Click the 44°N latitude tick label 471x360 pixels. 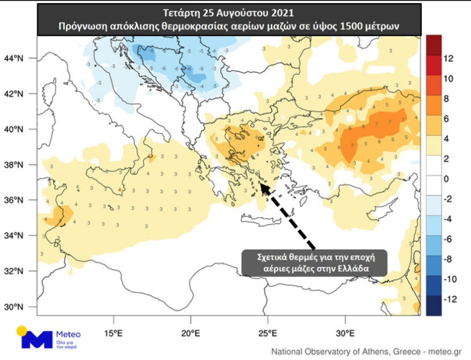pos(14,58)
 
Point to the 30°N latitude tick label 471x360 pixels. pos(14,307)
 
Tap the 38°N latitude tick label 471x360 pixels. pos(14,164)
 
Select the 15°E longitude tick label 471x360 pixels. pos(113,333)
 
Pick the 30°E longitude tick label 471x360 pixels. pos(345,333)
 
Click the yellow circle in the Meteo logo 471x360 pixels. pos(21,331)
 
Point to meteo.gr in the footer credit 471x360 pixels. pos(443,351)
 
